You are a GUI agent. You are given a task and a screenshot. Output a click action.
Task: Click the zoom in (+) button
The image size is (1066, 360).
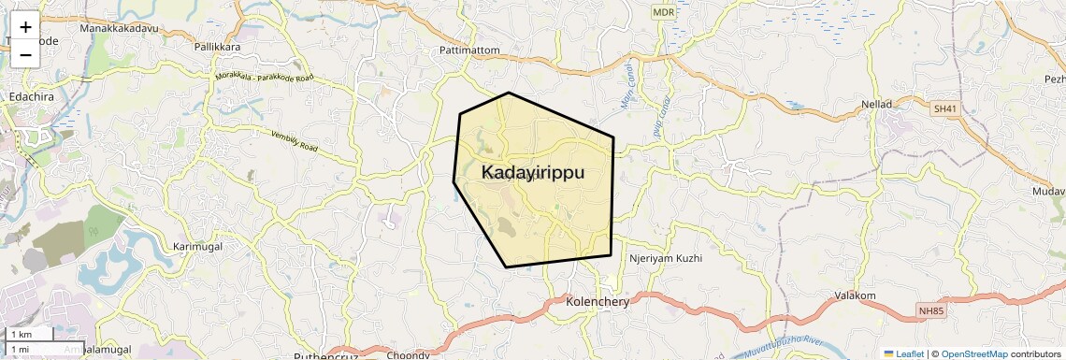point(25,26)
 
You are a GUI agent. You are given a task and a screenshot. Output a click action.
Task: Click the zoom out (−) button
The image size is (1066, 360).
point(25,54)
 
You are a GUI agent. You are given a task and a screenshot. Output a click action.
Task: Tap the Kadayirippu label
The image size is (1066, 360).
point(533,173)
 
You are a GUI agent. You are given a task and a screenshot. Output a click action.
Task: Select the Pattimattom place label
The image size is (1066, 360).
point(469,50)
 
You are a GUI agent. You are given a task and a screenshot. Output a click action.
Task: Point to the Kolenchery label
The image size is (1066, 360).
point(598,302)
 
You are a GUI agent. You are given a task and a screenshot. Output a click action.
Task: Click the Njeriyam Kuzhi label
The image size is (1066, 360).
point(664,257)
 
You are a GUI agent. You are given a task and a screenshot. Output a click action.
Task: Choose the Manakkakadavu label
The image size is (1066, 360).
point(118,29)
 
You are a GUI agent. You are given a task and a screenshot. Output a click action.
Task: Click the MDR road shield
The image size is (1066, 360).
point(663,12)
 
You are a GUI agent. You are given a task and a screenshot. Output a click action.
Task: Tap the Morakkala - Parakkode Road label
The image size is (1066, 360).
point(264,78)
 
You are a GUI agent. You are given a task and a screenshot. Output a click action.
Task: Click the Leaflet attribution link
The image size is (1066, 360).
point(903,353)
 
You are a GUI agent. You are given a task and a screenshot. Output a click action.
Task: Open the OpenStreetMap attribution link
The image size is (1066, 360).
point(974,353)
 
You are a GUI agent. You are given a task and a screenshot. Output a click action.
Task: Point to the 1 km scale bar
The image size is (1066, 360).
point(28,334)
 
